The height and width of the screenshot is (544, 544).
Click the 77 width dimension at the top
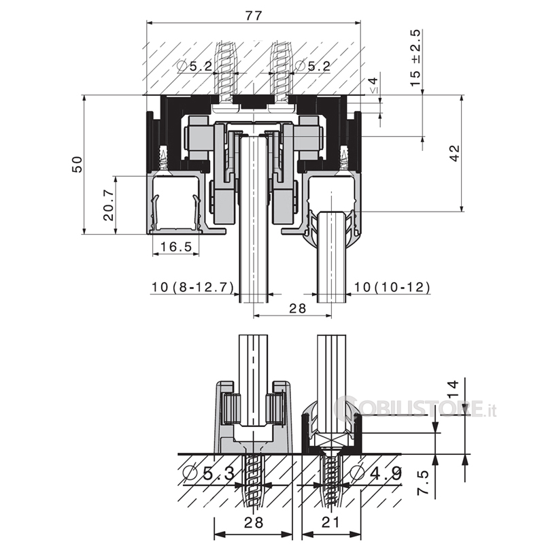click(x=254, y=15)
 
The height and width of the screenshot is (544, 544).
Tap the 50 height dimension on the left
click(x=78, y=165)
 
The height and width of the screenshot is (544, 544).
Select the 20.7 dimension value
click(x=108, y=205)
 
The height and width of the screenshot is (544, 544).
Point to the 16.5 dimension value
click(x=176, y=247)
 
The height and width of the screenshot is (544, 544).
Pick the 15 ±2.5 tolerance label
click(x=415, y=58)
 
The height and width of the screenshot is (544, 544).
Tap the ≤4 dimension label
click(x=373, y=86)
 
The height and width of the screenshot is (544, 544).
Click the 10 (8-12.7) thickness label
click(x=193, y=287)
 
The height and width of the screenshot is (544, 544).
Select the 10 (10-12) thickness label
click(x=392, y=287)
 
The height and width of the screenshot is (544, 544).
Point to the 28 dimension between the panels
click(x=297, y=308)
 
